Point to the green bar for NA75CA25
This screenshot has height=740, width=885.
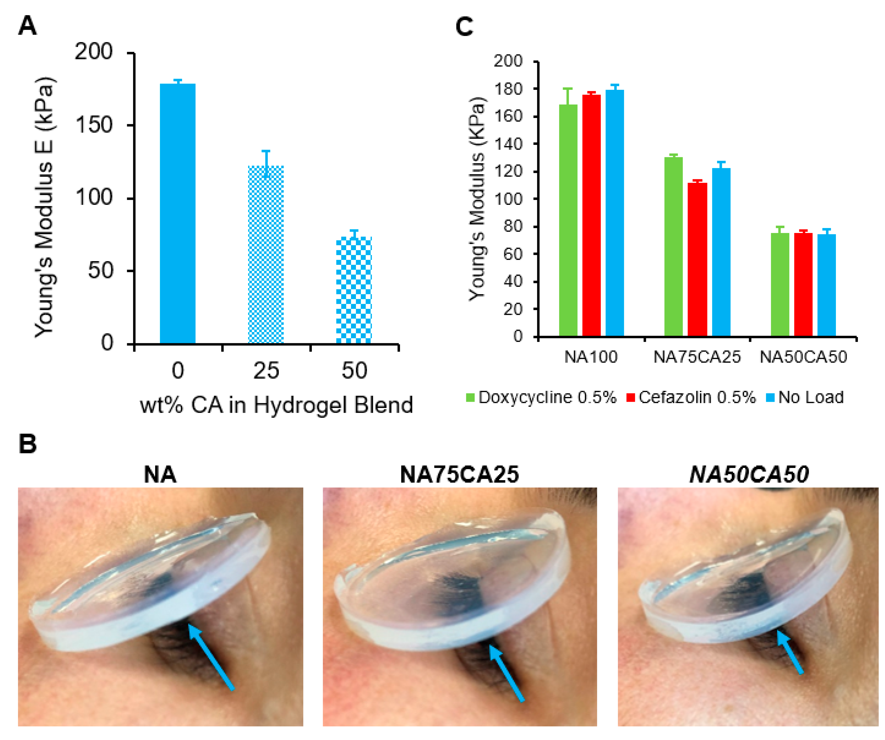(x=674, y=246)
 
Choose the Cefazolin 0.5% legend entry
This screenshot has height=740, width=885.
(x=691, y=397)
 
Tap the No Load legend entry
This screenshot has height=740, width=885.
(x=805, y=397)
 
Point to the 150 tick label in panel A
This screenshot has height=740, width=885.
(x=94, y=125)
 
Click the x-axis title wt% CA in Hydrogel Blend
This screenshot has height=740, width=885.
(x=276, y=405)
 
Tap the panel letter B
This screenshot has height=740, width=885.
(x=28, y=444)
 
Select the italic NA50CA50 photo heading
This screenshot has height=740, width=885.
(x=749, y=475)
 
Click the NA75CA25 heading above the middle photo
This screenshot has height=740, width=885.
(x=459, y=475)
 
